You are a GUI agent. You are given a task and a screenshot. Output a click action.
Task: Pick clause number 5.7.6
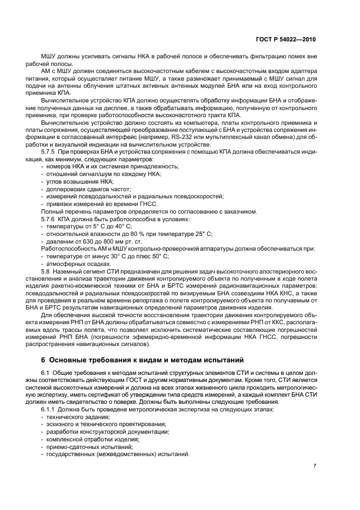51,218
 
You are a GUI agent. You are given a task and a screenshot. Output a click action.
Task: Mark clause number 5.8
47,271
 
